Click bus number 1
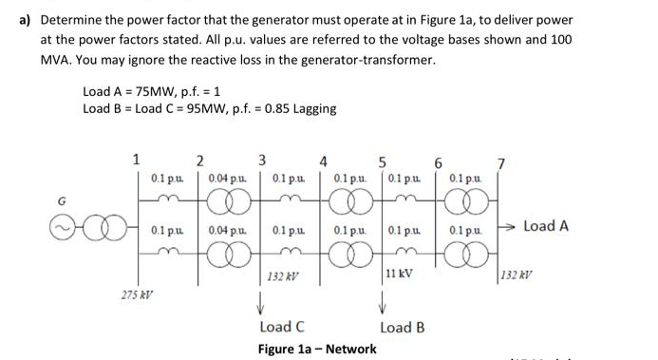[x=137, y=159]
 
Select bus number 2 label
[x=199, y=159]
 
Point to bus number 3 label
[x=263, y=159]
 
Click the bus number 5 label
[x=382, y=159]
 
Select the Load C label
[x=282, y=328]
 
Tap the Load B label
[x=403, y=328]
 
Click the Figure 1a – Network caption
[x=317, y=349]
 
